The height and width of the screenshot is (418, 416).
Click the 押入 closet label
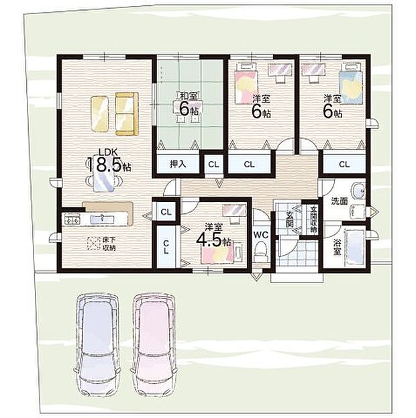(178, 163)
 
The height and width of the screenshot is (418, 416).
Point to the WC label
(261, 234)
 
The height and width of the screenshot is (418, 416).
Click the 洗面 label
(339, 201)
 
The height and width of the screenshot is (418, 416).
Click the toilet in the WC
(262, 252)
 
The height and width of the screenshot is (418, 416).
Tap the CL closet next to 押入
(213, 164)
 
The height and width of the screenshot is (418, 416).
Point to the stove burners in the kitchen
(72, 219)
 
